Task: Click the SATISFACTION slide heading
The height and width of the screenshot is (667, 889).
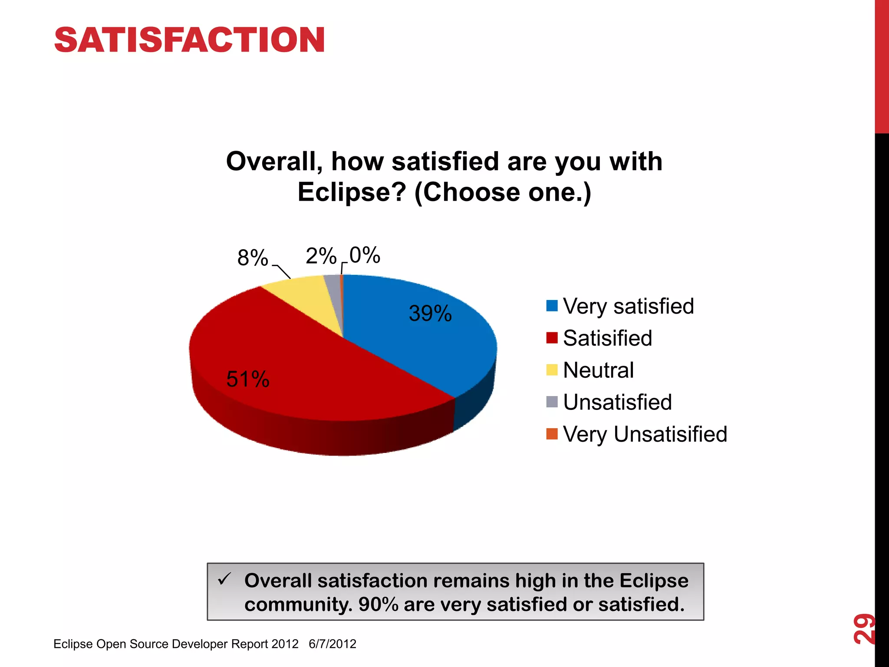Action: pyautogui.click(x=189, y=40)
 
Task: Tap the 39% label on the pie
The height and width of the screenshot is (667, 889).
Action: pyautogui.click(x=430, y=314)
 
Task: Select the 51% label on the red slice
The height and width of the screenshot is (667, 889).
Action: pyautogui.click(x=248, y=379)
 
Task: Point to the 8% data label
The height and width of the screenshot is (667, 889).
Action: pyautogui.click(x=253, y=258)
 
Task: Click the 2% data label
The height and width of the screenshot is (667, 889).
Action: pyautogui.click(x=321, y=256)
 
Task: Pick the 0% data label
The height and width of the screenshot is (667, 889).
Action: pyautogui.click(x=365, y=255)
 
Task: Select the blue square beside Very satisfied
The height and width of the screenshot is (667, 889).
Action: pyautogui.click(x=552, y=306)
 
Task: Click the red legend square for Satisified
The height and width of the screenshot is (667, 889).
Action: pyautogui.click(x=552, y=338)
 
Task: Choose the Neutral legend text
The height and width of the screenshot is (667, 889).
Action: pyautogui.click(x=598, y=370)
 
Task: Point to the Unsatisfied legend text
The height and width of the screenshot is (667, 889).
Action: pyautogui.click(x=617, y=402)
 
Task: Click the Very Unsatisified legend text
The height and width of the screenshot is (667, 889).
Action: pyautogui.click(x=645, y=434)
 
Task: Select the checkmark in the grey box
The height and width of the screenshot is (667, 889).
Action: pyautogui.click(x=225, y=579)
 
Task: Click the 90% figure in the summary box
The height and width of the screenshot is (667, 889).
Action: pyautogui.click(x=378, y=604)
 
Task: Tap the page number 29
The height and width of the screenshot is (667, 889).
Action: pyautogui.click(x=863, y=628)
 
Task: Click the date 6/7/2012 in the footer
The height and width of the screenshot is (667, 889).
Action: pyautogui.click(x=333, y=644)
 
